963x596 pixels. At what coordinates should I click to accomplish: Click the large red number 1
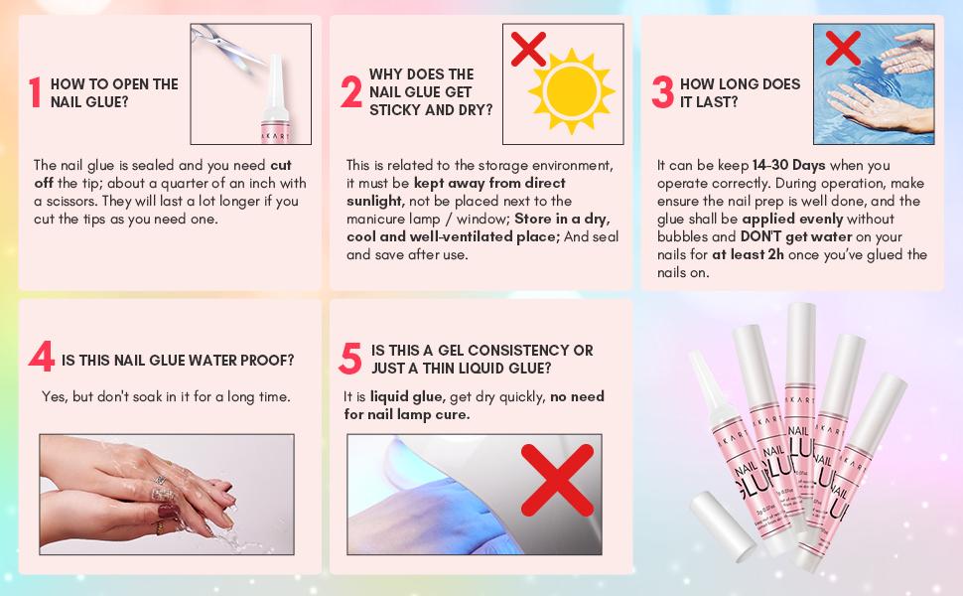36,92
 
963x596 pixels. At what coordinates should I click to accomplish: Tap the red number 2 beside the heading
350,91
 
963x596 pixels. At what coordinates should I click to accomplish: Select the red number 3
662,92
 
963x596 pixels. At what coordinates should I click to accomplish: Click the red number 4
41,358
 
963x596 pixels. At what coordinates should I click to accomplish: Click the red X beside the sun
528,49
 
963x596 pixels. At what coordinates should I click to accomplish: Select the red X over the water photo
843,48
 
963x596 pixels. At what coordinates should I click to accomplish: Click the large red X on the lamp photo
557,480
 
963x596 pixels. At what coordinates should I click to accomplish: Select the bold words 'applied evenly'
791,219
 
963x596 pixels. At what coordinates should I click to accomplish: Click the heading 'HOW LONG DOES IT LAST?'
740,92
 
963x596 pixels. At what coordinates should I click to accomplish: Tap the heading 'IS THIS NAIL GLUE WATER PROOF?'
178,360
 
